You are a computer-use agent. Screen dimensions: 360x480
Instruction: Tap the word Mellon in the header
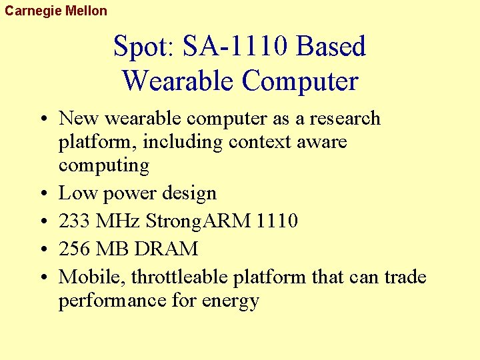click(86, 11)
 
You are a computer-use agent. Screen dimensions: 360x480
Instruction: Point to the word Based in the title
click(332, 47)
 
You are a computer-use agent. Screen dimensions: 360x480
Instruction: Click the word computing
click(103, 165)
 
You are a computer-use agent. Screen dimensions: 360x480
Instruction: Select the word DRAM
click(165, 249)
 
